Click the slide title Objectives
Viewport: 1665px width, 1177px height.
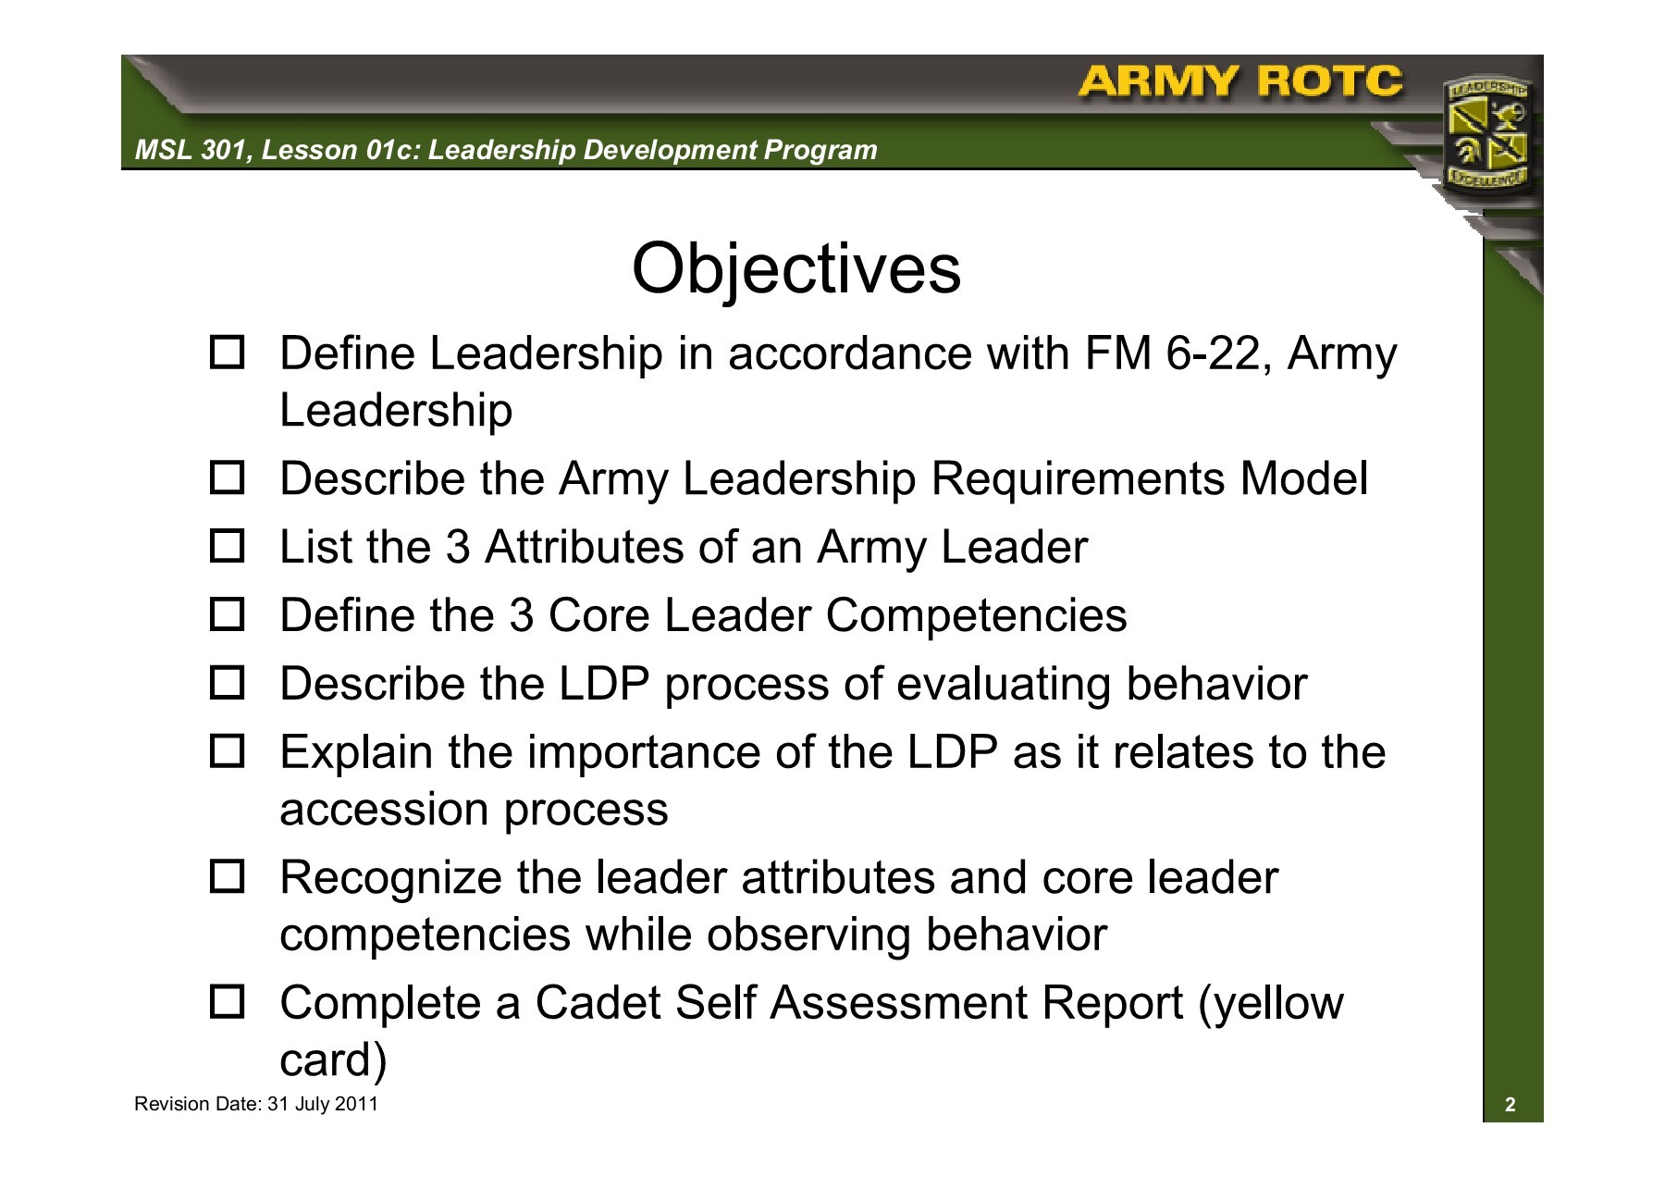click(x=795, y=270)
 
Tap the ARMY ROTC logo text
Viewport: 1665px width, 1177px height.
click(x=1239, y=82)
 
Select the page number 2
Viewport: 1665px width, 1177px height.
click(x=1511, y=1105)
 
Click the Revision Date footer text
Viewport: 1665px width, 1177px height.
click(x=256, y=1104)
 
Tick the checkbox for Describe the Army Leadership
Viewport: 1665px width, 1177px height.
click(x=227, y=478)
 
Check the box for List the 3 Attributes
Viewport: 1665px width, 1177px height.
click(x=227, y=547)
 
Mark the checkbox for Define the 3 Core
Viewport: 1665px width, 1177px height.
click(x=227, y=615)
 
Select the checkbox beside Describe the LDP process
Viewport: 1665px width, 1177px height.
click(x=227, y=684)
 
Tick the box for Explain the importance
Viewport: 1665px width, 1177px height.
click(x=227, y=752)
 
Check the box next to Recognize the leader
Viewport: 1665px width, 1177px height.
click(x=227, y=877)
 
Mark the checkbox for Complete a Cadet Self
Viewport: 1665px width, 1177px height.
click(x=227, y=1002)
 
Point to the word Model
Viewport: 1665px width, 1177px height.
click(x=1303, y=478)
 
